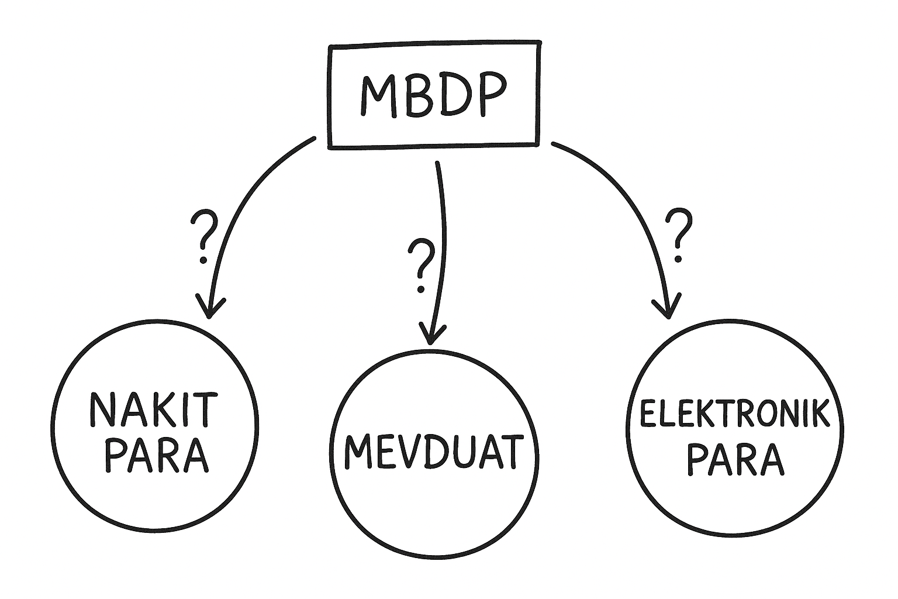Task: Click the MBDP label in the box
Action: [x=432, y=95]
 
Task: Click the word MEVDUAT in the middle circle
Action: [x=433, y=453]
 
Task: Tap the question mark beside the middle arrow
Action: [x=422, y=264]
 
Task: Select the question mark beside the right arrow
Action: [x=679, y=235]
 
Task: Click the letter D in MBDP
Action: [x=452, y=96]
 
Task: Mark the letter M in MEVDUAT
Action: [x=357, y=453]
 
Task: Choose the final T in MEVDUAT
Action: [x=507, y=452]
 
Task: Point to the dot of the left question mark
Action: [x=203, y=259]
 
